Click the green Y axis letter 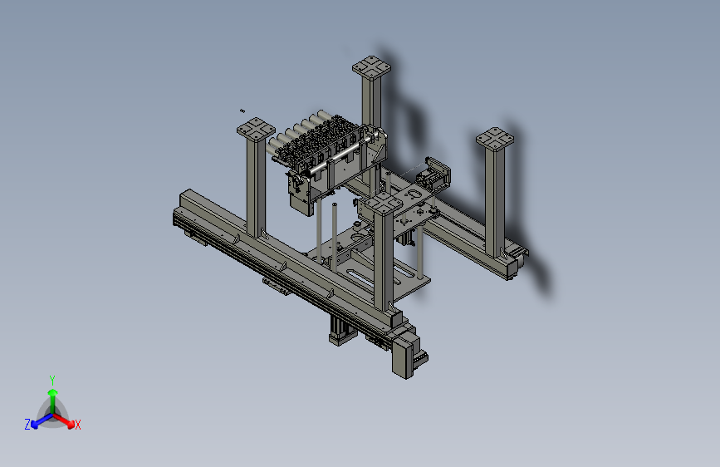pyautogui.click(x=52, y=380)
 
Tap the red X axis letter pyautogui.click(x=77, y=425)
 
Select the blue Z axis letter pyautogui.click(x=27, y=425)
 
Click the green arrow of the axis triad pyautogui.click(x=53, y=400)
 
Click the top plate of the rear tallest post pyautogui.click(x=371, y=67)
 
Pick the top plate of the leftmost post pyautogui.click(x=256, y=129)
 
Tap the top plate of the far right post pyautogui.click(x=495, y=139)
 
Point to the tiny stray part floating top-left pyautogui.click(x=242, y=111)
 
